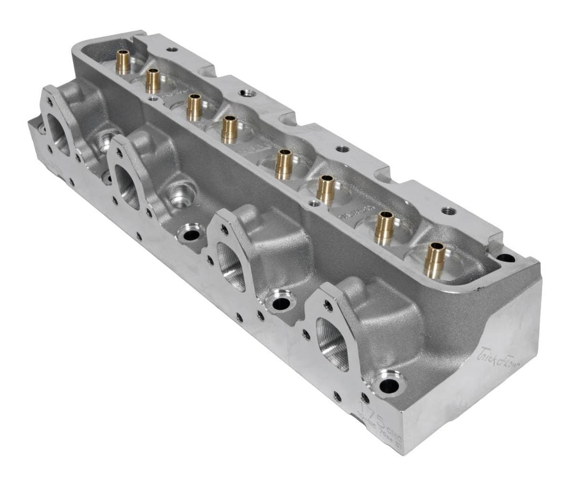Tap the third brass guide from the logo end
click(x=326, y=189)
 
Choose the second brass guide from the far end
click(x=153, y=81)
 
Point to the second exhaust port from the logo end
click(x=232, y=264)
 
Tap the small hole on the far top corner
click(x=171, y=49)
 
